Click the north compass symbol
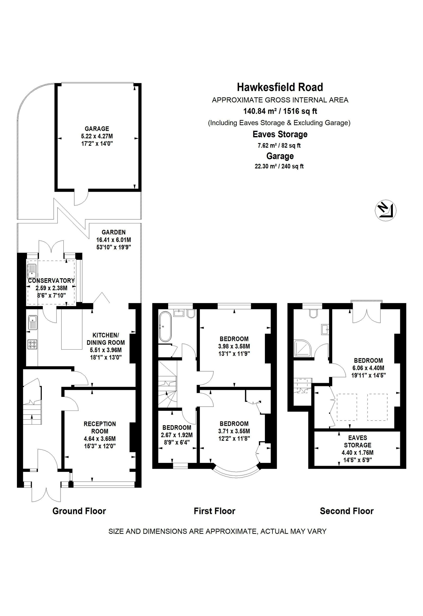pos(385,211)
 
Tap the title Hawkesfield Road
pos(280,87)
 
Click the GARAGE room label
pos(97,129)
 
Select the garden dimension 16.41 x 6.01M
pos(114,240)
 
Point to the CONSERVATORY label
pos(52,280)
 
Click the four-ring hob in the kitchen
pos(32,344)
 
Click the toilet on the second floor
pos(313,314)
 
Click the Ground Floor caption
pos(79,511)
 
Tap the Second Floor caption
pos(347,511)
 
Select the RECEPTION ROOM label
pos(100,427)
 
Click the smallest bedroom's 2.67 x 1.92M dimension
pos(177,435)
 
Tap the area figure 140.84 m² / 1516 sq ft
pos(280,111)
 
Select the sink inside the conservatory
pos(31,271)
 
